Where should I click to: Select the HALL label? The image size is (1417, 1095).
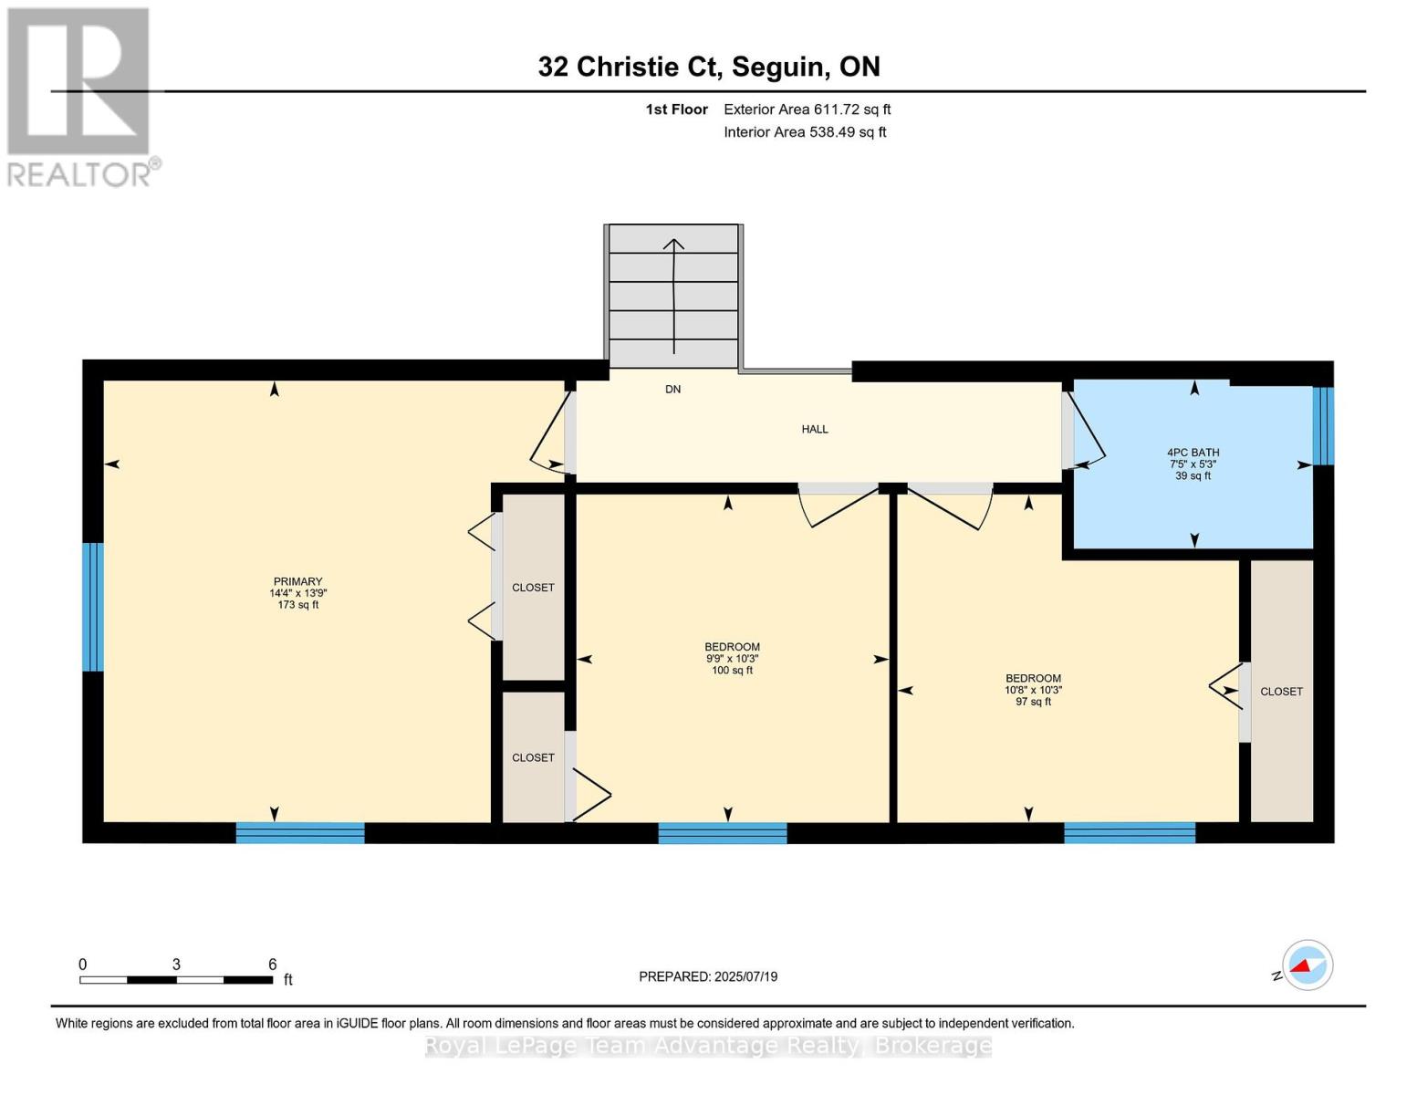[815, 429]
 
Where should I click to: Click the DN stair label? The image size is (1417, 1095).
[672, 390]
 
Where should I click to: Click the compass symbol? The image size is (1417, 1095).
[1307, 965]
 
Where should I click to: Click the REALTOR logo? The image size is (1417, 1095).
[79, 97]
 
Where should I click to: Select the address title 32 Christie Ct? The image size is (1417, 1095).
[708, 67]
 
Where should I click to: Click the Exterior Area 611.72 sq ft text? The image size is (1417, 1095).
[807, 109]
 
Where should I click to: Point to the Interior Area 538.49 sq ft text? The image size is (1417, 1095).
[805, 132]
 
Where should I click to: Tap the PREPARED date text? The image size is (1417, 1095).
[708, 976]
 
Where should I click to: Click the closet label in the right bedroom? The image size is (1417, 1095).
[1281, 692]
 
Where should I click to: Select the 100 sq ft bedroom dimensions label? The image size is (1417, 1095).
[732, 659]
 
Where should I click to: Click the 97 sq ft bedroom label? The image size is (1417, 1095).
[1033, 690]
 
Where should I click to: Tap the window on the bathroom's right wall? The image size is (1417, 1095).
[1323, 426]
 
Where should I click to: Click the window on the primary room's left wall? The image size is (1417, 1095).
[93, 607]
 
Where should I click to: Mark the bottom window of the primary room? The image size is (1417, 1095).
[300, 832]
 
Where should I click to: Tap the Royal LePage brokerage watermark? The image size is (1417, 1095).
[708, 1046]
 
